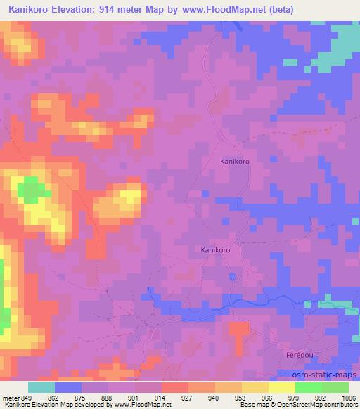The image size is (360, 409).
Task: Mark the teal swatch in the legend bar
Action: [x=41, y=387]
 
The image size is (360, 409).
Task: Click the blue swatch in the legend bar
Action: [x=68, y=387]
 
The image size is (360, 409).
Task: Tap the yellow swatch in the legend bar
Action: [x=282, y=387]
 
